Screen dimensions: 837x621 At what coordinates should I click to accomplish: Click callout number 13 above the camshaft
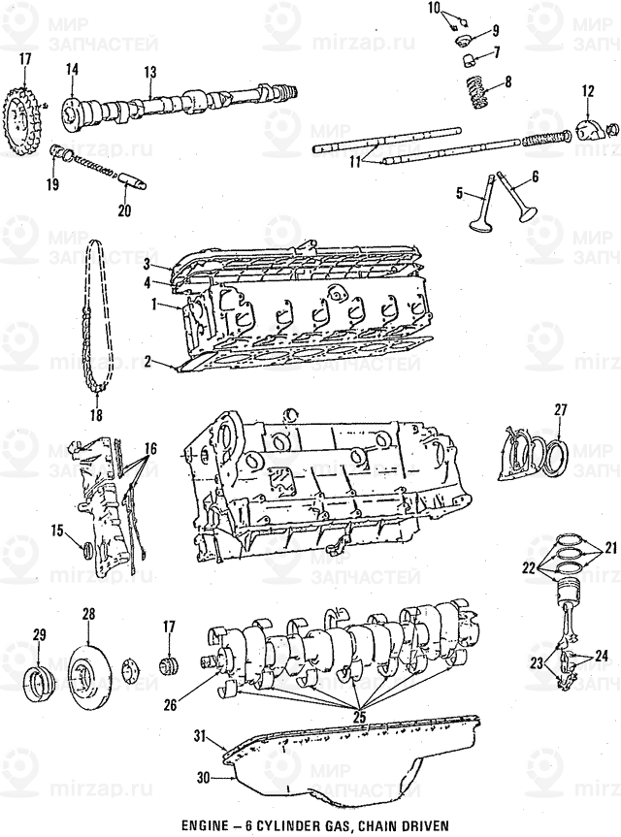click(149, 72)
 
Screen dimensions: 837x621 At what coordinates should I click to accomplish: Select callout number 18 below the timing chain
click(95, 415)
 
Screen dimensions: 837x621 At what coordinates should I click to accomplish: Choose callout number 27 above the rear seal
click(558, 410)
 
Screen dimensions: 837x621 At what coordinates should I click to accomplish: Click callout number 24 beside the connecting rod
click(601, 657)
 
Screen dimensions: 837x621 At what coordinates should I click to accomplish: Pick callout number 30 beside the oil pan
click(202, 776)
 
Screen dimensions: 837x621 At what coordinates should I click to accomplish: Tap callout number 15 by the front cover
click(56, 530)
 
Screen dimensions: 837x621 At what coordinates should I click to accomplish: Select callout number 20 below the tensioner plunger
click(122, 210)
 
